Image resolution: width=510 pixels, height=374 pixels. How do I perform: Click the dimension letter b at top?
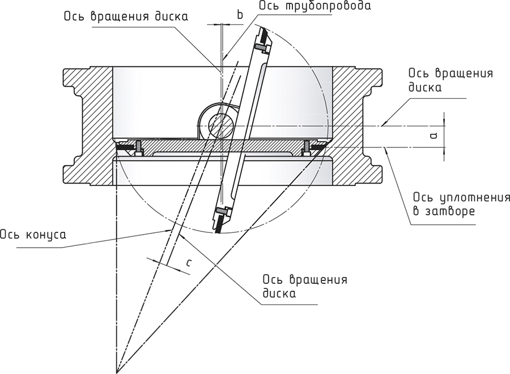point(240,15)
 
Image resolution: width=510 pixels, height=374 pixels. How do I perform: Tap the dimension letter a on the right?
point(432,134)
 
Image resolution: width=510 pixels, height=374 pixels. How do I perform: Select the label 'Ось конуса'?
point(33,234)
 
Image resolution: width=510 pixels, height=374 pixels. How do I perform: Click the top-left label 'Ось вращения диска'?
point(125,16)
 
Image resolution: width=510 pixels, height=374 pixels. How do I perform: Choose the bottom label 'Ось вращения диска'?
point(305,287)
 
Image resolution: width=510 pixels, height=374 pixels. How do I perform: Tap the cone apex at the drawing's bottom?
point(117,372)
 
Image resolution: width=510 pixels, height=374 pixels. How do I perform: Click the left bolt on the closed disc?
point(138,148)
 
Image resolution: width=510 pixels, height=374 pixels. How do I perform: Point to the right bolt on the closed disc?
point(307,147)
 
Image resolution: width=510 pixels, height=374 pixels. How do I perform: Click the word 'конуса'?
point(46,234)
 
